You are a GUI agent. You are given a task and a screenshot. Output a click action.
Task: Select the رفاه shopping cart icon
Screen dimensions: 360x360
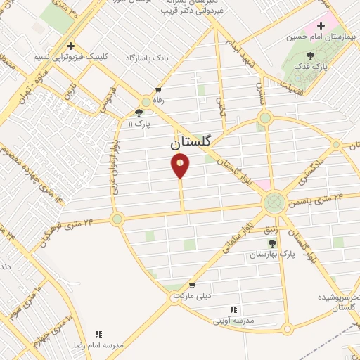157,90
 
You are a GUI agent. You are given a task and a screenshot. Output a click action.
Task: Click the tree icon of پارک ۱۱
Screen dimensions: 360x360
139,111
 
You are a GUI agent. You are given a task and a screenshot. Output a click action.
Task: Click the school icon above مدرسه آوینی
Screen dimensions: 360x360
233,309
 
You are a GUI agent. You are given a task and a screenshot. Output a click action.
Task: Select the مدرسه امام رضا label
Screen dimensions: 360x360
99,346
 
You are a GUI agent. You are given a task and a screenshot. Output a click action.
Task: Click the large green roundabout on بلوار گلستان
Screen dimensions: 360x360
274,203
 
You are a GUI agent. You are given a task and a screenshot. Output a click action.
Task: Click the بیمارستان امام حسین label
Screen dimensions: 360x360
324,35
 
